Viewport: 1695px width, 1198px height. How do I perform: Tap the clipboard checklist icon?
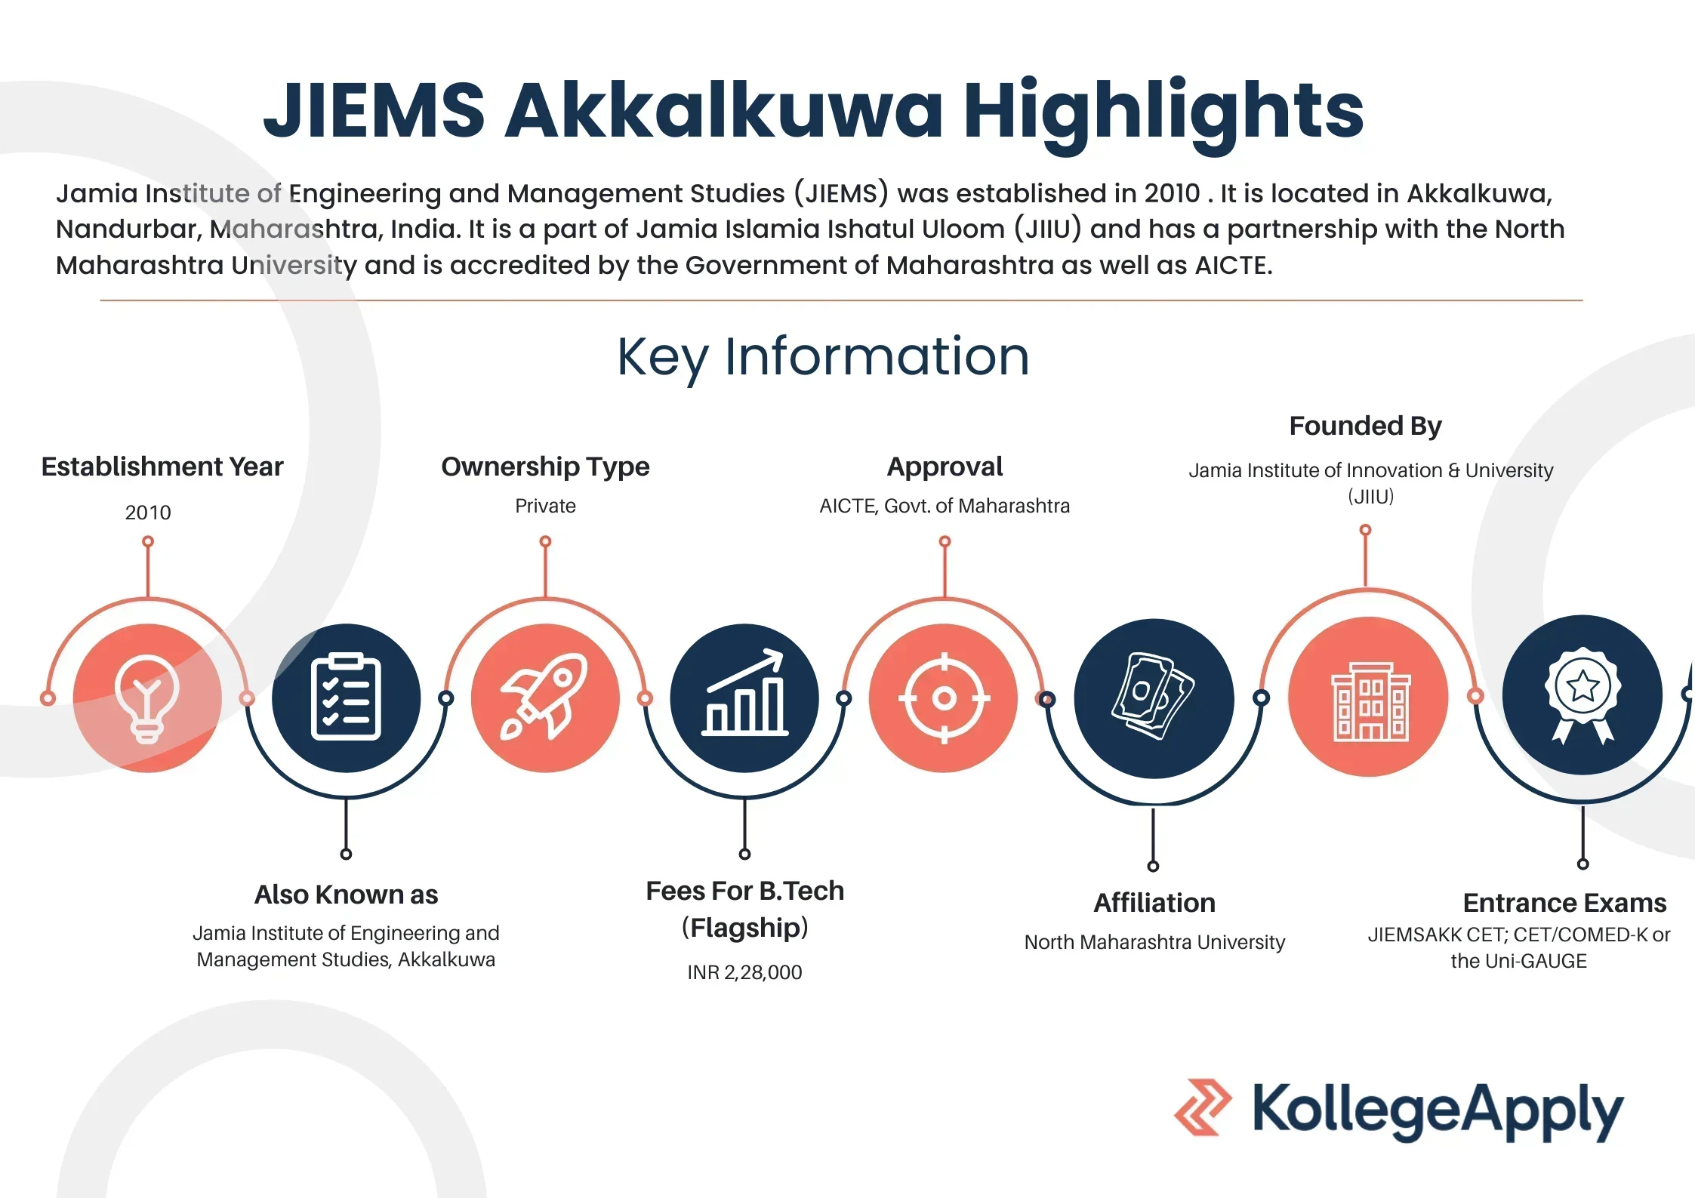(x=346, y=696)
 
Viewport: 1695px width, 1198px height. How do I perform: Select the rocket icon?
(x=544, y=696)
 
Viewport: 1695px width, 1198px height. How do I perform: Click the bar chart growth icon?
(x=745, y=692)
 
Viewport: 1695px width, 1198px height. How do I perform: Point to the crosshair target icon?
(x=944, y=698)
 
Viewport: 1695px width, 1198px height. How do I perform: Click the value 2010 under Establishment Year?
(x=148, y=513)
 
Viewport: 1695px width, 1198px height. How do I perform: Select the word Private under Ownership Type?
(x=545, y=506)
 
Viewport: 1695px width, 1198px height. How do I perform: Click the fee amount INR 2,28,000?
(x=744, y=972)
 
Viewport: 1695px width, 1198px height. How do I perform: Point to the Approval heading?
(x=945, y=467)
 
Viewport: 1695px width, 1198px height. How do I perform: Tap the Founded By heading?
(x=1365, y=426)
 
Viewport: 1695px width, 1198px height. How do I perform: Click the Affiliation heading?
(x=1154, y=903)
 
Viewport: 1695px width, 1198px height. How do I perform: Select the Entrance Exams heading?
(x=1564, y=903)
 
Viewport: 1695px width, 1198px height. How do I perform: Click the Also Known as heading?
(x=346, y=895)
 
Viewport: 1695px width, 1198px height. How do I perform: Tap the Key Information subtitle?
(x=823, y=358)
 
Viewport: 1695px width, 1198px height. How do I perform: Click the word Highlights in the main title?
(x=1163, y=113)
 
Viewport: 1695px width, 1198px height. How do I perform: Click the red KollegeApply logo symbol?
(x=1202, y=1107)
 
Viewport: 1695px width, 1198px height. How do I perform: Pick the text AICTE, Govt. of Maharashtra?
(x=945, y=506)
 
